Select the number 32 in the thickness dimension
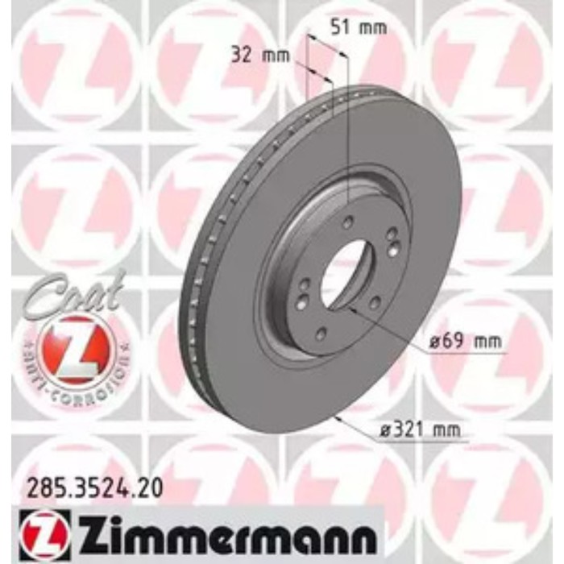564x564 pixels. click(240, 56)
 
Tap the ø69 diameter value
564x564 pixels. click(444, 342)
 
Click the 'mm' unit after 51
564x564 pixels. click(372, 27)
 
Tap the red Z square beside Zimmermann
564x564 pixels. click(37, 530)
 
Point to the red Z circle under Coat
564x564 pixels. click(75, 344)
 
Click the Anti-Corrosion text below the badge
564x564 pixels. click(75, 379)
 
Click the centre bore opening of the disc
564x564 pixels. click(346, 274)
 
